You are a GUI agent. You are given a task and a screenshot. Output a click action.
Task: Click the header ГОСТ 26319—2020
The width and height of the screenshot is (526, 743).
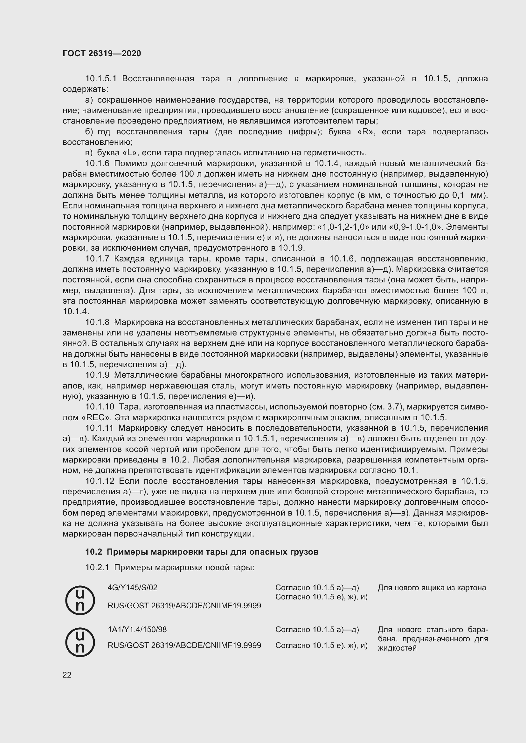pyautogui.click(x=102, y=53)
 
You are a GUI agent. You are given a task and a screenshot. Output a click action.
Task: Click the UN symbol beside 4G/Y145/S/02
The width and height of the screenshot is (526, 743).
pyautogui.click(x=80, y=601)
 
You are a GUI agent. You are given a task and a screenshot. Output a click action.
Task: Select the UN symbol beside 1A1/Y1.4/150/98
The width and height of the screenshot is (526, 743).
pyautogui.click(x=80, y=642)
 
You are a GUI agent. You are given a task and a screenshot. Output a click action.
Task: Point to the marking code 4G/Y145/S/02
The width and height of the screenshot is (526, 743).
pyautogui.click(x=133, y=587)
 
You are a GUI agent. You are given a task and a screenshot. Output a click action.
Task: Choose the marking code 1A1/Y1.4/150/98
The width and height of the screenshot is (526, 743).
pyautogui.click(x=137, y=629)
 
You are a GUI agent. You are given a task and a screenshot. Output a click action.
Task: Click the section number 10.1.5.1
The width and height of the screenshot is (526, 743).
pyautogui.click(x=101, y=79)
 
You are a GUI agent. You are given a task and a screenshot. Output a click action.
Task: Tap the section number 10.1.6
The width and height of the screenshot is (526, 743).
pyautogui.click(x=97, y=163)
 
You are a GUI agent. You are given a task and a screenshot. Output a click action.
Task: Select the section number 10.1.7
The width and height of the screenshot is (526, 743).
pyautogui.click(x=97, y=259)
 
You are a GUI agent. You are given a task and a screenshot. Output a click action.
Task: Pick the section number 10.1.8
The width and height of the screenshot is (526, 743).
pyautogui.click(x=97, y=322)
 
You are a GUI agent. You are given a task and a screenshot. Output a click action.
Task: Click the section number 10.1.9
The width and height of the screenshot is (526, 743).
pyautogui.click(x=97, y=375)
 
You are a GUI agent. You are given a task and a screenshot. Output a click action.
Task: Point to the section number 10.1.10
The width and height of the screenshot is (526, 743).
pyautogui.click(x=100, y=407)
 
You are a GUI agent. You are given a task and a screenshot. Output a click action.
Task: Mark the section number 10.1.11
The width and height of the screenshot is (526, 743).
pyautogui.click(x=99, y=428)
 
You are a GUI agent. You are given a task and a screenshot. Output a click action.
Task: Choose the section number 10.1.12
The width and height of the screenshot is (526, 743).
pyautogui.click(x=100, y=481)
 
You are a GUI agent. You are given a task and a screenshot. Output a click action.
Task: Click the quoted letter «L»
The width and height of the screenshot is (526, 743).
pyautogui.click(x=130, y=153)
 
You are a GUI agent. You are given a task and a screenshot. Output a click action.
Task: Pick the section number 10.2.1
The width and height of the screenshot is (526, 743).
pyautogui.click(x=97, y=568)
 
